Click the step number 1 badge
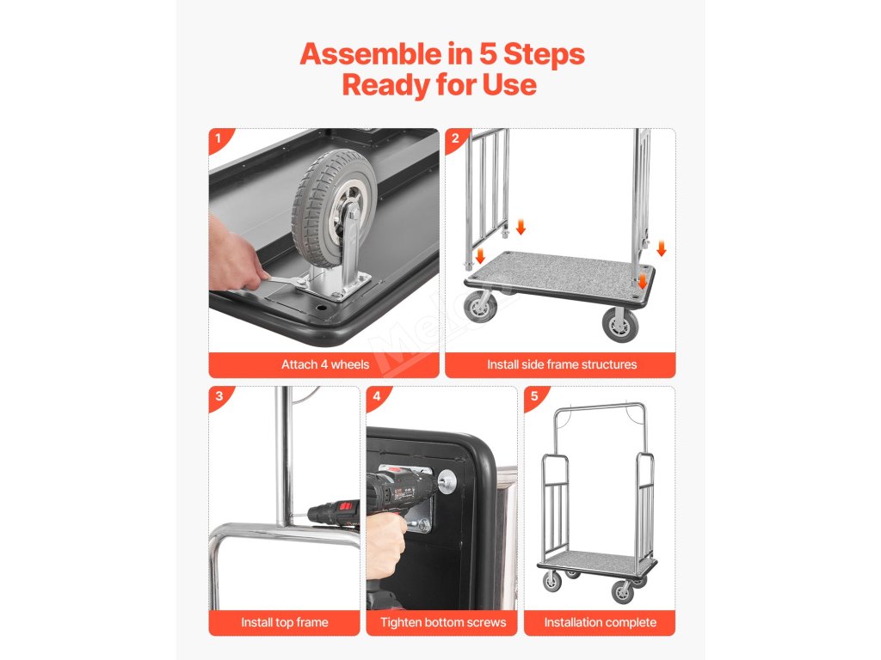tap(219, 138)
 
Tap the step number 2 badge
tap(455, 138)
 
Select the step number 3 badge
tap(219, 396)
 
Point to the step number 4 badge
tap(377, 396)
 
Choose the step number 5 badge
tap(534, 396)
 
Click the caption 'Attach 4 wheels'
tap(325, 364)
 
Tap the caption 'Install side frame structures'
tap(562, 364)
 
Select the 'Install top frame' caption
tap(284, 622)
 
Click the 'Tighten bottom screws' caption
tap(443, 622)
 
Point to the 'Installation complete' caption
tap(600, 622)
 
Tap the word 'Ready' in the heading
tap(385, 86)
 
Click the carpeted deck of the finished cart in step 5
tap(596, 561)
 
